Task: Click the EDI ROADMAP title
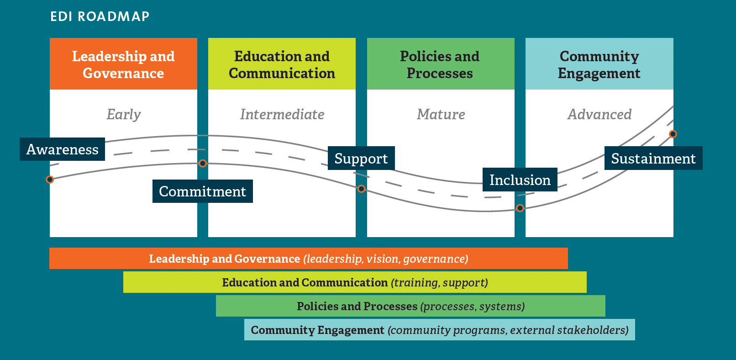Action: [100, 16]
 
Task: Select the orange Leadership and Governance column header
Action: [123, 64]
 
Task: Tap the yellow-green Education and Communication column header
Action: [282, 64]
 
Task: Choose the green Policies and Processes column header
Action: [440, 64]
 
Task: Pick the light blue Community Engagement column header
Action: [599, 64]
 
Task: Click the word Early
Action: [123, 114]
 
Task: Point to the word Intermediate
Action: [282, 114]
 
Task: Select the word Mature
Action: [441, 114]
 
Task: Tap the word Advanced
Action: [599, 114]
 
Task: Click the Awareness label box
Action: [62, 149]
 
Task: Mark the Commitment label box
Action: [202, 191]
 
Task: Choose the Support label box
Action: [361, 159]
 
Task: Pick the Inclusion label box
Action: [520, 180]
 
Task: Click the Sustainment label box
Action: [653, 159]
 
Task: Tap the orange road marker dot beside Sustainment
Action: [673, 134]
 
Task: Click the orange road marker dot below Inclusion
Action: [520, 208]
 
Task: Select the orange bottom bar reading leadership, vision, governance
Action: [308, 259]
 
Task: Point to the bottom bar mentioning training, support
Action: [355, 282]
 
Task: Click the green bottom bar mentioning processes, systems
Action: [410, 306]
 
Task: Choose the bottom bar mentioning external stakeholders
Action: [439, 330]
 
